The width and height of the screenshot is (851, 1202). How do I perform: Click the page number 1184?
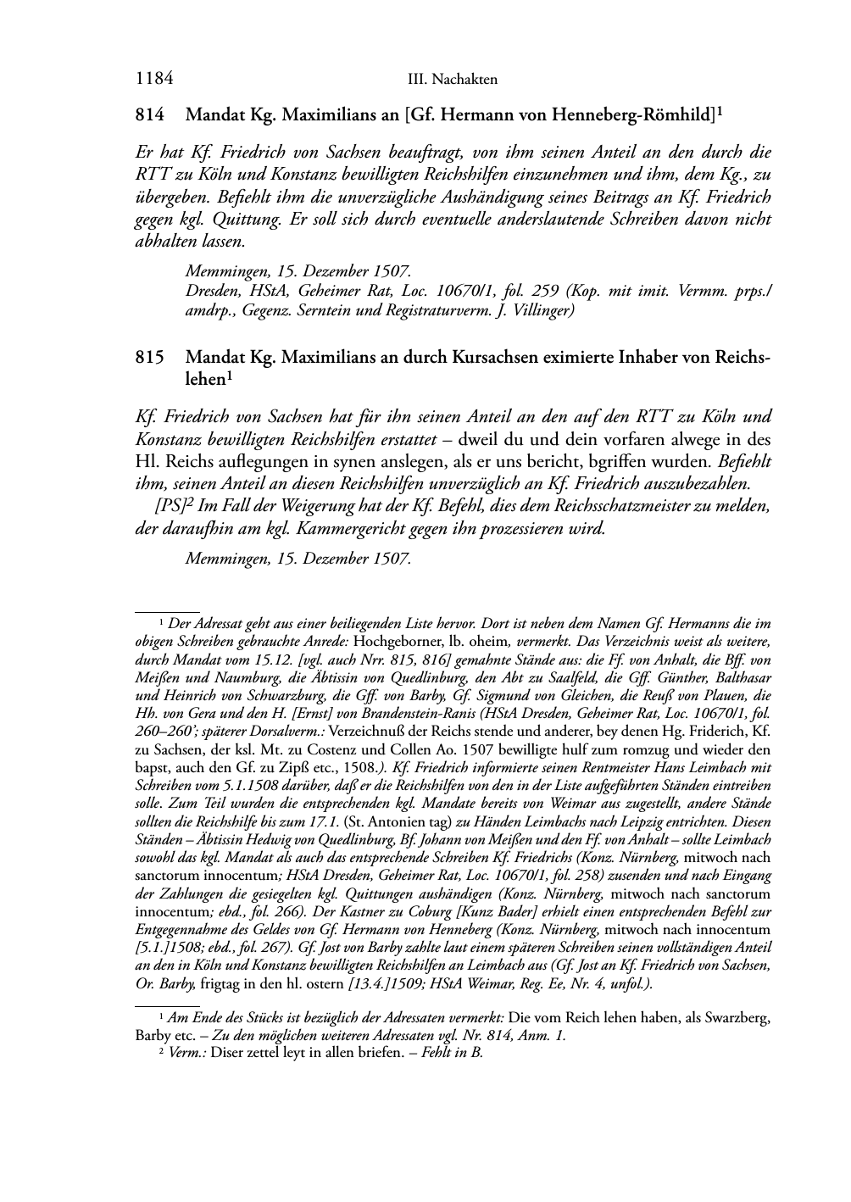(x=154, y=79)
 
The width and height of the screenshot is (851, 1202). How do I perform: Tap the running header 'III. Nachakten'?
(x=452, y=80)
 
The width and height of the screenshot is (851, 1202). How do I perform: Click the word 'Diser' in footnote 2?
(x=222, y=1053)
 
